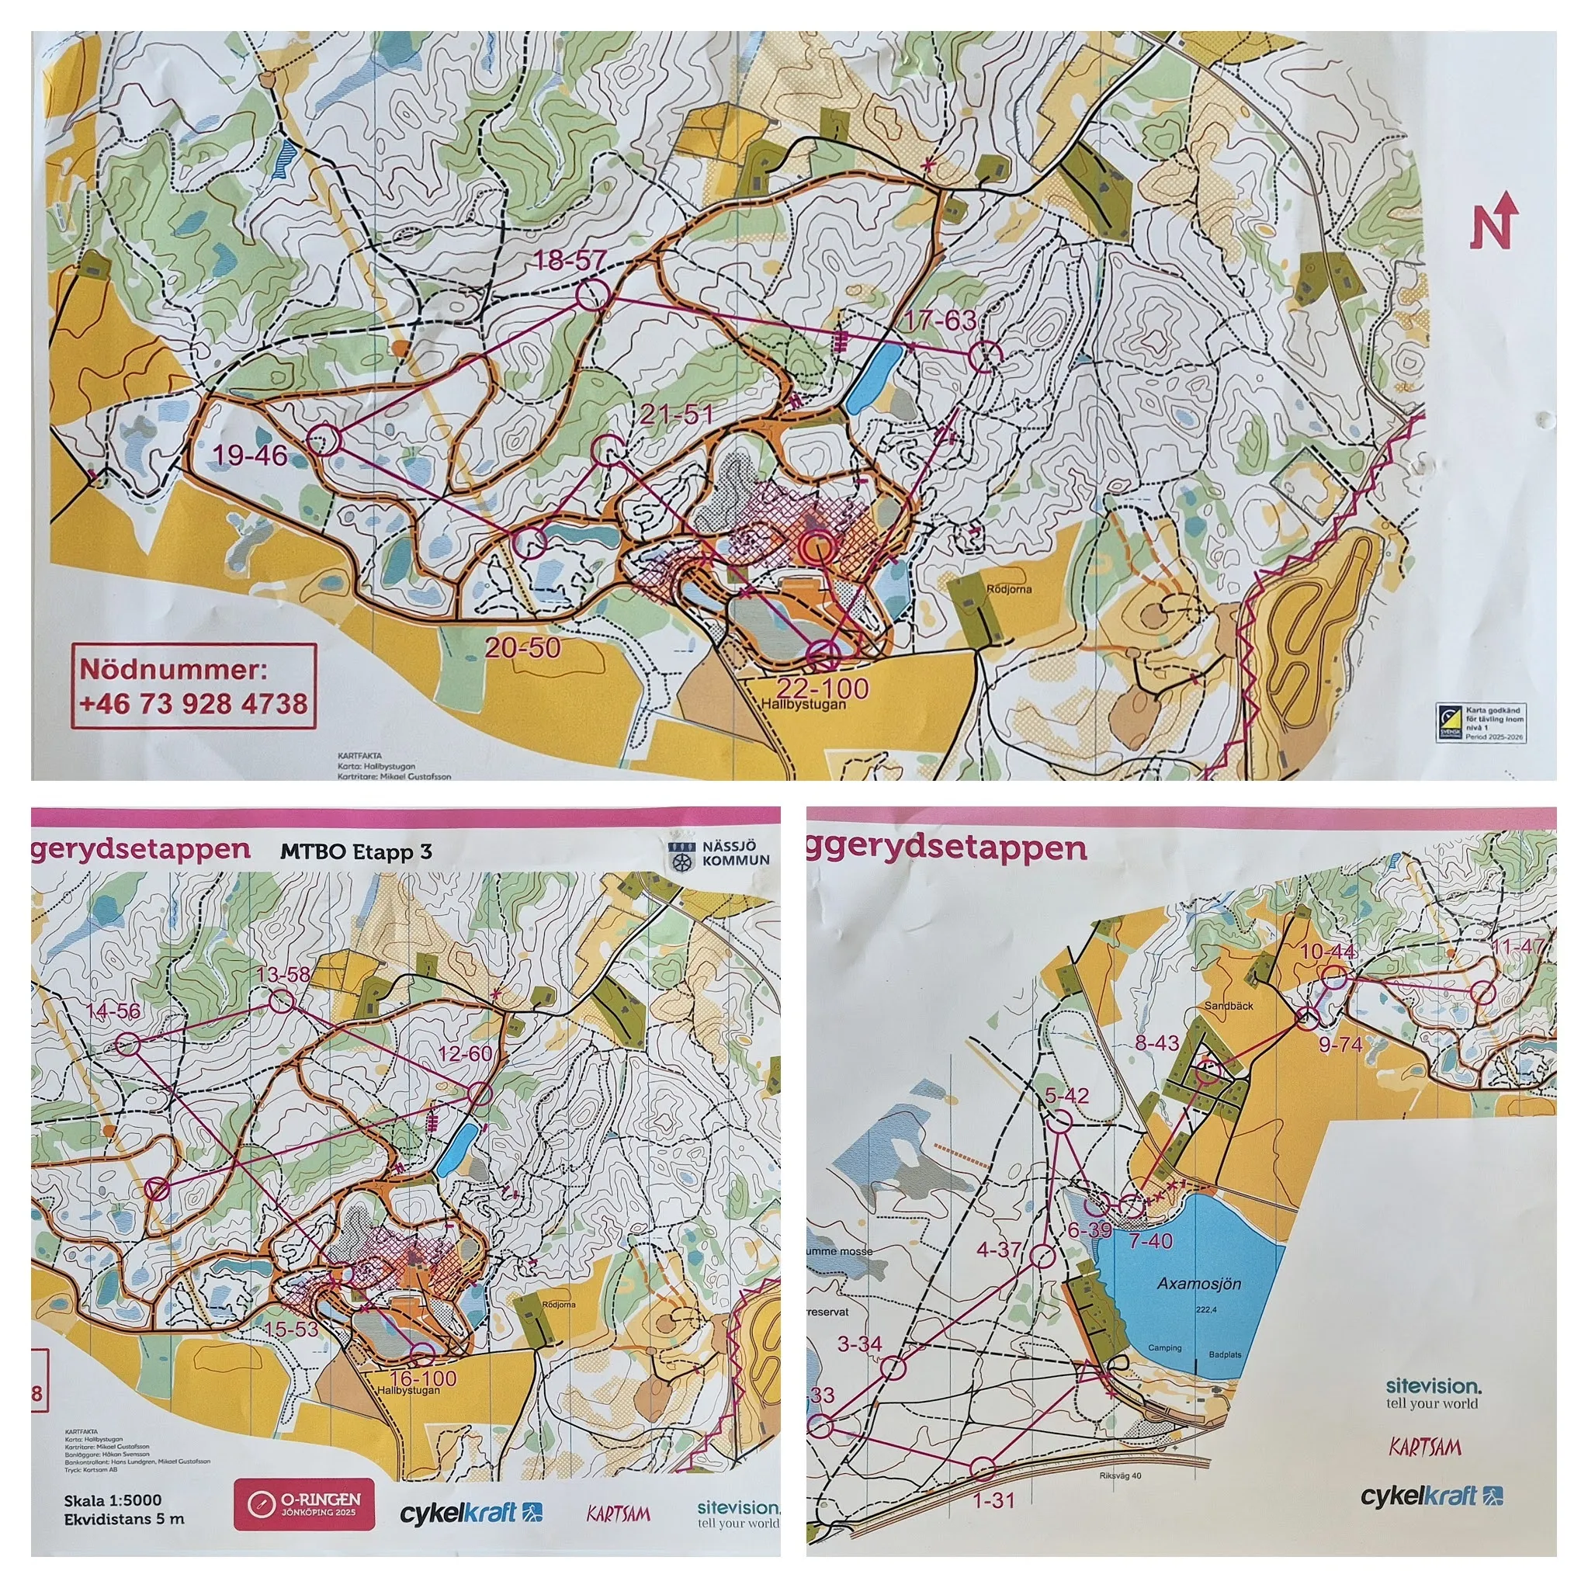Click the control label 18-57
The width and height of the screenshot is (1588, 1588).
[x=570, y=262]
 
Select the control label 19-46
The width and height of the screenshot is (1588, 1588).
[x=250, y=455]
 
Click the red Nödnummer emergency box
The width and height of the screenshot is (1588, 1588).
[x=196, y=686]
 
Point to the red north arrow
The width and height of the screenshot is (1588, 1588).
[x=1494, y=220]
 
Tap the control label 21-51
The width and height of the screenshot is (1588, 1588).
[x=676, y=415]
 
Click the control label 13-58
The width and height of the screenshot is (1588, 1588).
[x=283, y=975]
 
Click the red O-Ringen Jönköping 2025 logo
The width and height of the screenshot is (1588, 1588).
[x=303, y=1505]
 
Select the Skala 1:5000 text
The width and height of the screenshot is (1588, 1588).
[x=113, y=1500]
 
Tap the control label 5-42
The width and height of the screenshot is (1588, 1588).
[x=1067, y=1096]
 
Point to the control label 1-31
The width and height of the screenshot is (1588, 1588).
[x=993, y=1500]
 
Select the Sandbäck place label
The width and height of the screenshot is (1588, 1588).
[x=1229, y=1005]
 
